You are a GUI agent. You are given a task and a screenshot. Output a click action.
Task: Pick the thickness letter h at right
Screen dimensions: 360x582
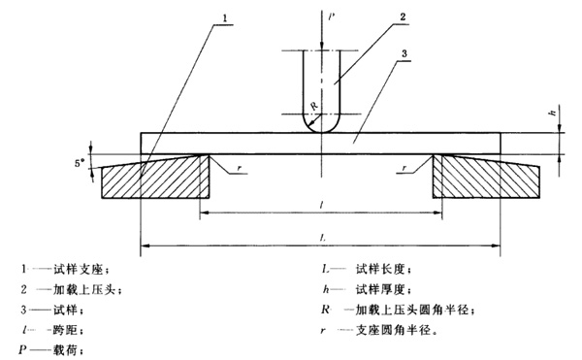[553, 114]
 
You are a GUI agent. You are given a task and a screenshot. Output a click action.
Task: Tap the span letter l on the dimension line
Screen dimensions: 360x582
[319, 204]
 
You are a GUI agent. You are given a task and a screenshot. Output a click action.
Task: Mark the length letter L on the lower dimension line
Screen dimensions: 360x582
[321, 236]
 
